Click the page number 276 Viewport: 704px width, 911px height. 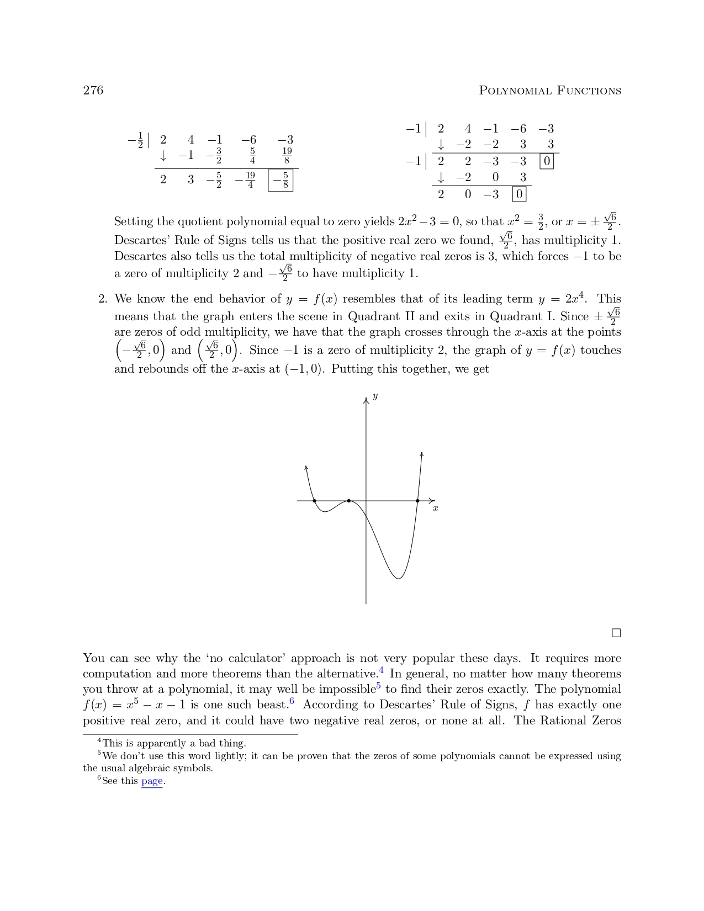[93, 91]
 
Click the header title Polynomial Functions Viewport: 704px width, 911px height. [549, 91]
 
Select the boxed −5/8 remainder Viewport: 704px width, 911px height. [280, 181]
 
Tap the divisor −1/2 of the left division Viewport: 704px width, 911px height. [136, 140]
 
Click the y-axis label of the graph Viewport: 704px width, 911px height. [375, 396]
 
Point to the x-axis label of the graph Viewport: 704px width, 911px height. [436, 508]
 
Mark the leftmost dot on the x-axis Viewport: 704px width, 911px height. [315, 501]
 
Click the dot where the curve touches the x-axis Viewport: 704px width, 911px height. [348, 501]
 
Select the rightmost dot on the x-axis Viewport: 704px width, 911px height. [417, 501]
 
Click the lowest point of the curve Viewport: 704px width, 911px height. [399, 578]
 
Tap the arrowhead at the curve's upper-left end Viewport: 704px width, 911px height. [306, 468]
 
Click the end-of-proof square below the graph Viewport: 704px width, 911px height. [616, 633]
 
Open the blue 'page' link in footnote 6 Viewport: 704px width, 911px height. [152, 781]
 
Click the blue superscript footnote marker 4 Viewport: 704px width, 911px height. [382, 671]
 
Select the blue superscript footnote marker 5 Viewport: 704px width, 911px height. [379, 686]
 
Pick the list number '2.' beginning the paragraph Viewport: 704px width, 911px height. [103, 299]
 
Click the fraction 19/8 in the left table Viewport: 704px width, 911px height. [287, 156]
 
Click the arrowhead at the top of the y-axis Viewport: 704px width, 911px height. [366, 400]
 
